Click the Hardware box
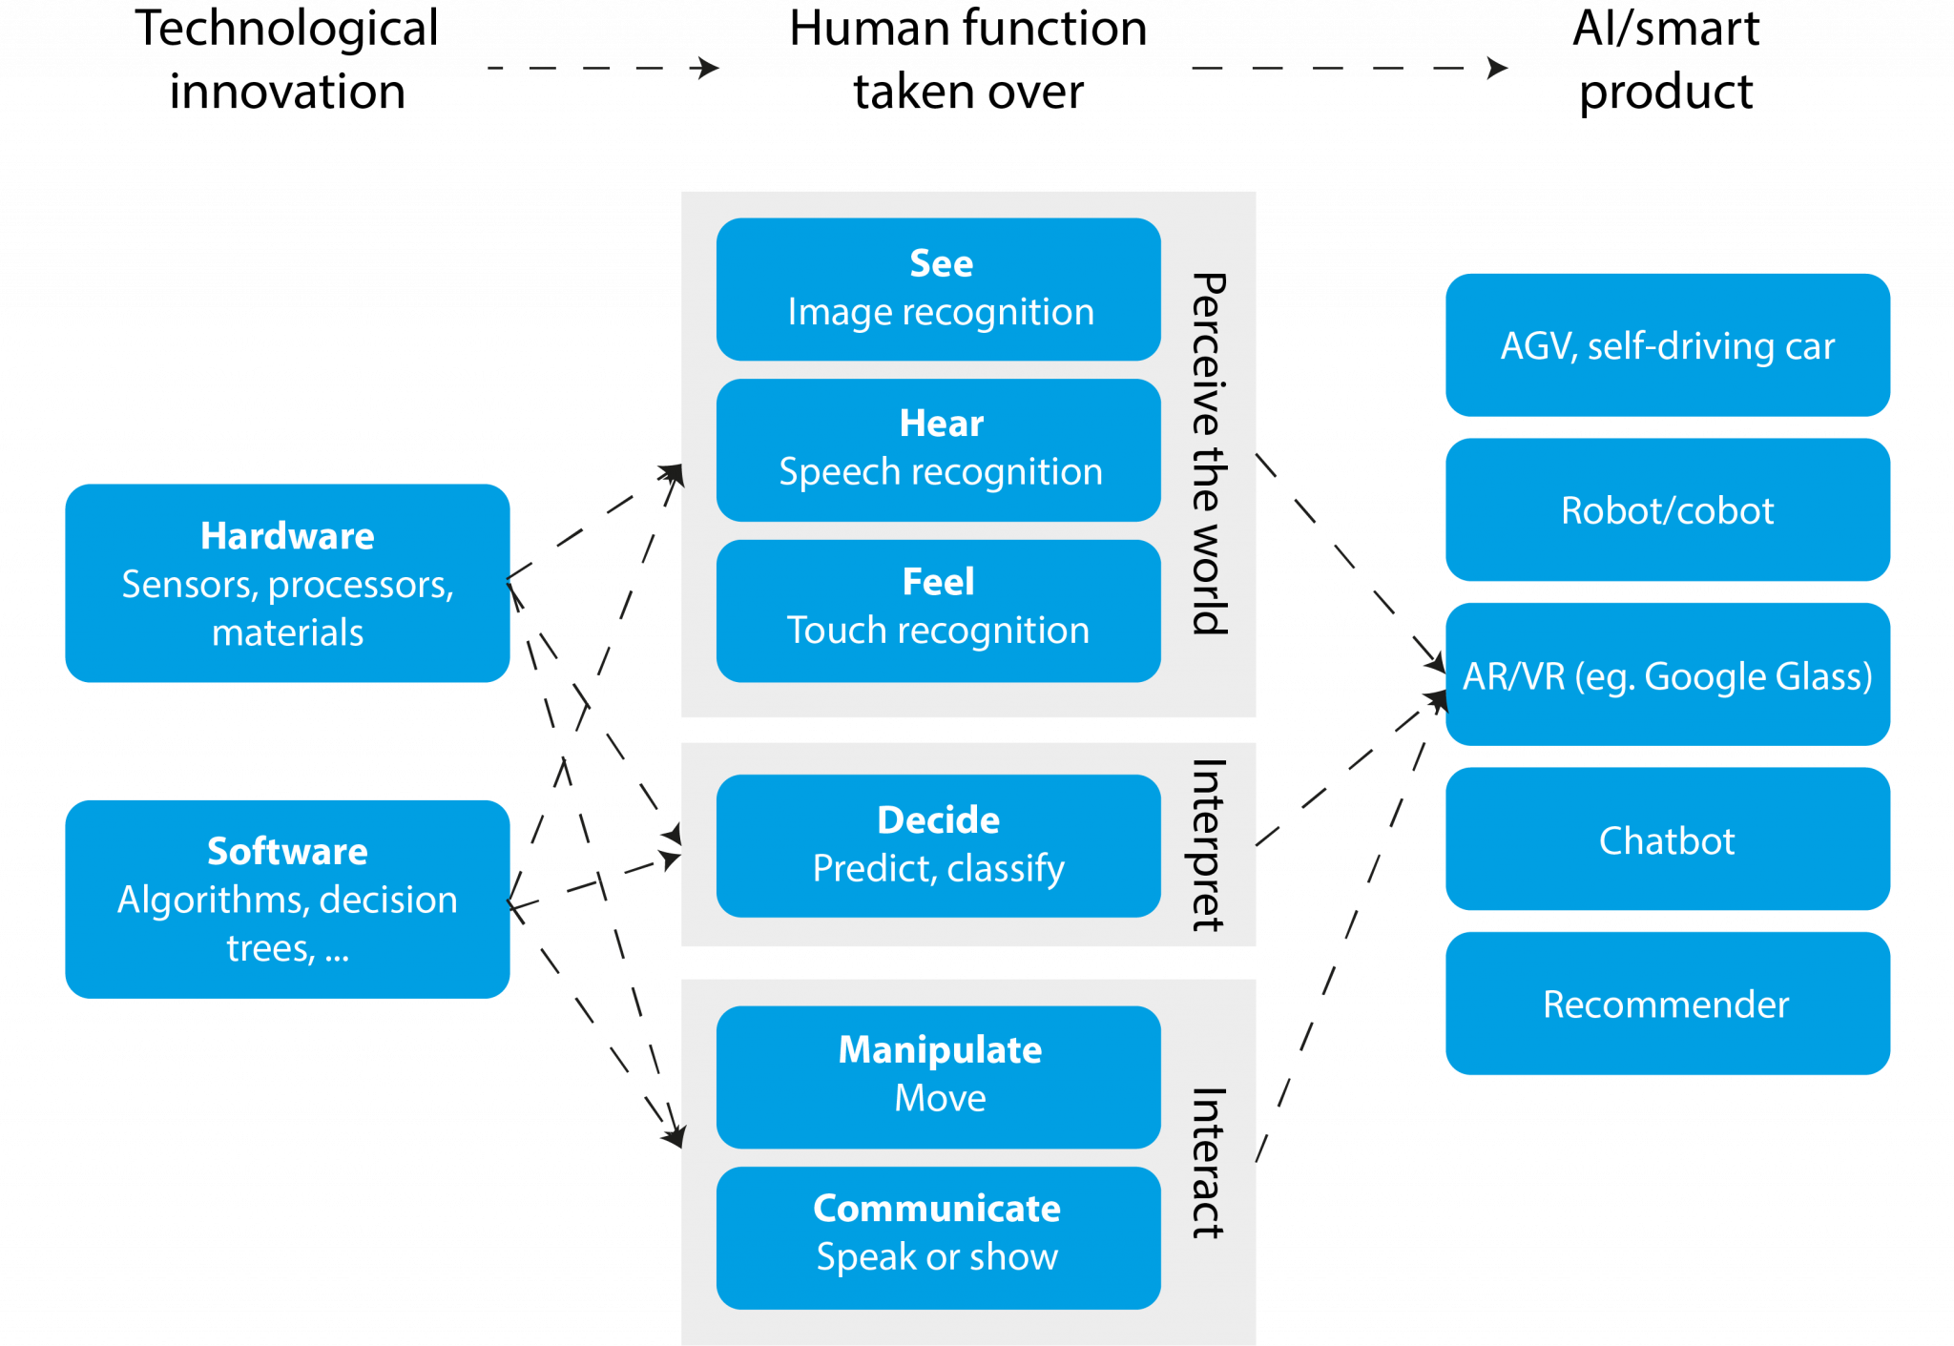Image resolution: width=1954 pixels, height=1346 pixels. pos(287,583)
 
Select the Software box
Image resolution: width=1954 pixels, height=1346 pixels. pos(287,899)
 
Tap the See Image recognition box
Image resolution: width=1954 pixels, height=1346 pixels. pos(939,289)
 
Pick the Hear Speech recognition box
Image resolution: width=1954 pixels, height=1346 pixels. pos(939,449)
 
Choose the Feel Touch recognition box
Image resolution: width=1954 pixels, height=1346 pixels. pos(939,611)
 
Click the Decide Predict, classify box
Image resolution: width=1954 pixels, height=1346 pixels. pos(939,845)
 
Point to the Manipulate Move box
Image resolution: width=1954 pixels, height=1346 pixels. pos(939,1076)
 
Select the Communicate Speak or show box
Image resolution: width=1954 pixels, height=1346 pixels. pos(939,1237)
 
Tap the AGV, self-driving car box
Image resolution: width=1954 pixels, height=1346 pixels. pos(1667,345)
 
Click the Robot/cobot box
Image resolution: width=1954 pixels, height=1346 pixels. pos(1667,509)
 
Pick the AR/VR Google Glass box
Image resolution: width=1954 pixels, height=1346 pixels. pos(1667,674)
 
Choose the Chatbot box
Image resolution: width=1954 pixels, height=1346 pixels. pos(1667,839)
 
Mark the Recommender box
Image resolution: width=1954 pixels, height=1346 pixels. pos(1667,1004)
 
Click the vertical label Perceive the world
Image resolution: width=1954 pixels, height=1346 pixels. pos(1209,454)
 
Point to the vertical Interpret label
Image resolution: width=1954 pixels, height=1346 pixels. pos(1209,845)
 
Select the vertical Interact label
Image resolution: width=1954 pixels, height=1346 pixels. pos(1209,1163)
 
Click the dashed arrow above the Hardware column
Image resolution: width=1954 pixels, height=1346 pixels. pos(603,68)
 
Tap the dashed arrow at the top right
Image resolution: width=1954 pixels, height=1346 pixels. pos(1349,68)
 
